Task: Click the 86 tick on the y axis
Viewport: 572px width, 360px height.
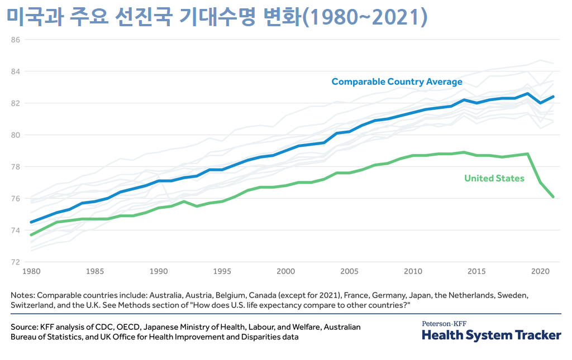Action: [x=15, y=40]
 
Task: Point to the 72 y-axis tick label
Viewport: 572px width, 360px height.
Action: [x=15, y=262]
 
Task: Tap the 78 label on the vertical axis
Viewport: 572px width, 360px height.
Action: [x=15, y=166]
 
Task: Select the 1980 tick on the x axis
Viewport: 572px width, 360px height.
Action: [x=31, y=271]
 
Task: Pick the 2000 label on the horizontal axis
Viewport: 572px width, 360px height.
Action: [x=285, y=271]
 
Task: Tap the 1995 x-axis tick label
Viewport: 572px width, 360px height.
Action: [x=222, y=271]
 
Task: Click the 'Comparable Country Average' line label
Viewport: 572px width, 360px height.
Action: [x=397, y=81]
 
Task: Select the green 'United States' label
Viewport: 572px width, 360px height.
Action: [x=494, y=178]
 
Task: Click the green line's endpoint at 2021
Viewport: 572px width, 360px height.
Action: [x=554, y=196]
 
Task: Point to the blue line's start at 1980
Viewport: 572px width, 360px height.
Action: [x=31, y=222]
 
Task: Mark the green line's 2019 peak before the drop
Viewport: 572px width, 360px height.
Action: [x=527, y=153]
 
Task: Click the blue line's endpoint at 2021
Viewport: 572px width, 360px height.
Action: [x=554, y=97]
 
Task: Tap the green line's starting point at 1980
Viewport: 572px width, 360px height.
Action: [x=31, y=235]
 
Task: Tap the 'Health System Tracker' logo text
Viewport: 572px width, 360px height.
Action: [x=491, y=335]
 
